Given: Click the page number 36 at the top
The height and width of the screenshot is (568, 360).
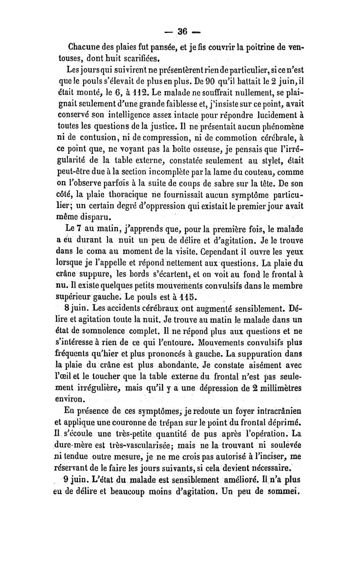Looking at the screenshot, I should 182,31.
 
